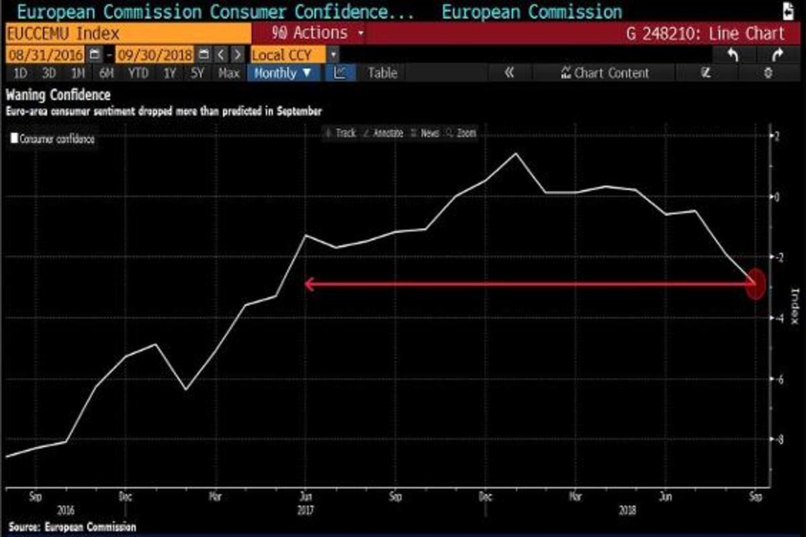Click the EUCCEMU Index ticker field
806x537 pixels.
pos(64,34)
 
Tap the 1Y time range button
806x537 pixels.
pos(170,73)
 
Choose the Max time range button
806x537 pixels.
pos(229,73)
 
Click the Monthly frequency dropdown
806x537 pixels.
pos(283,73)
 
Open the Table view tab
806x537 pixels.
pos(382,73)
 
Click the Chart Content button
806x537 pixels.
pos(605,73)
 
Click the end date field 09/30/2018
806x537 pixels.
pos(154,54)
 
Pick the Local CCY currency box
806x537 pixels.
pos(289,54)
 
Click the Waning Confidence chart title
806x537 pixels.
pos(58,95)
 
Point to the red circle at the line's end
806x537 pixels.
pos(756,284)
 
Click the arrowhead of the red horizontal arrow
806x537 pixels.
pos(308,284)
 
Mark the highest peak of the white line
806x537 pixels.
pos(516,154)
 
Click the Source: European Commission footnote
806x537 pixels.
pos(73,527)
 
